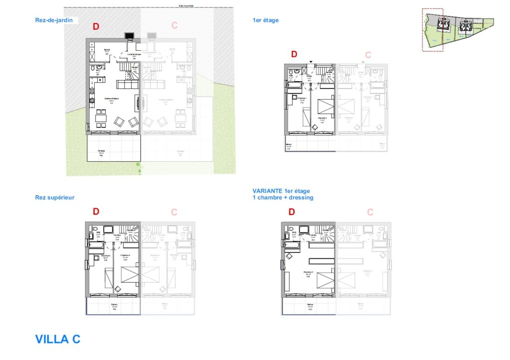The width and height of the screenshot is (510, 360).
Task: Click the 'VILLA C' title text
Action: pos(57,339)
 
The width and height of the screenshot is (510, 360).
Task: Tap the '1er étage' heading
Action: pos(265,20)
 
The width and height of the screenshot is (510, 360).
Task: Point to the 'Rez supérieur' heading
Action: pos(55,197)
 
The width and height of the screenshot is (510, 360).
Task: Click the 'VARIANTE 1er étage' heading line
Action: pos(281,191)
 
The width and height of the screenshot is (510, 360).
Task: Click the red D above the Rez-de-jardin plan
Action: pos(96,26)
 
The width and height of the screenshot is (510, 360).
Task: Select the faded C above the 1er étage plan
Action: pos(368,55)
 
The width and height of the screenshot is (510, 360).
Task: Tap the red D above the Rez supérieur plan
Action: pos(96,212)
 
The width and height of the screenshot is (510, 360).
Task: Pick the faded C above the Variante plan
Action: pos(370,212)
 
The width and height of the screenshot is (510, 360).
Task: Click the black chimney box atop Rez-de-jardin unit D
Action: pos(129,35)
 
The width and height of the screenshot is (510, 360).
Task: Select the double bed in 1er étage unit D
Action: pos(327,106)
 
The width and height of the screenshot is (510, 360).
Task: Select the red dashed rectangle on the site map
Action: pos(432,29)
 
